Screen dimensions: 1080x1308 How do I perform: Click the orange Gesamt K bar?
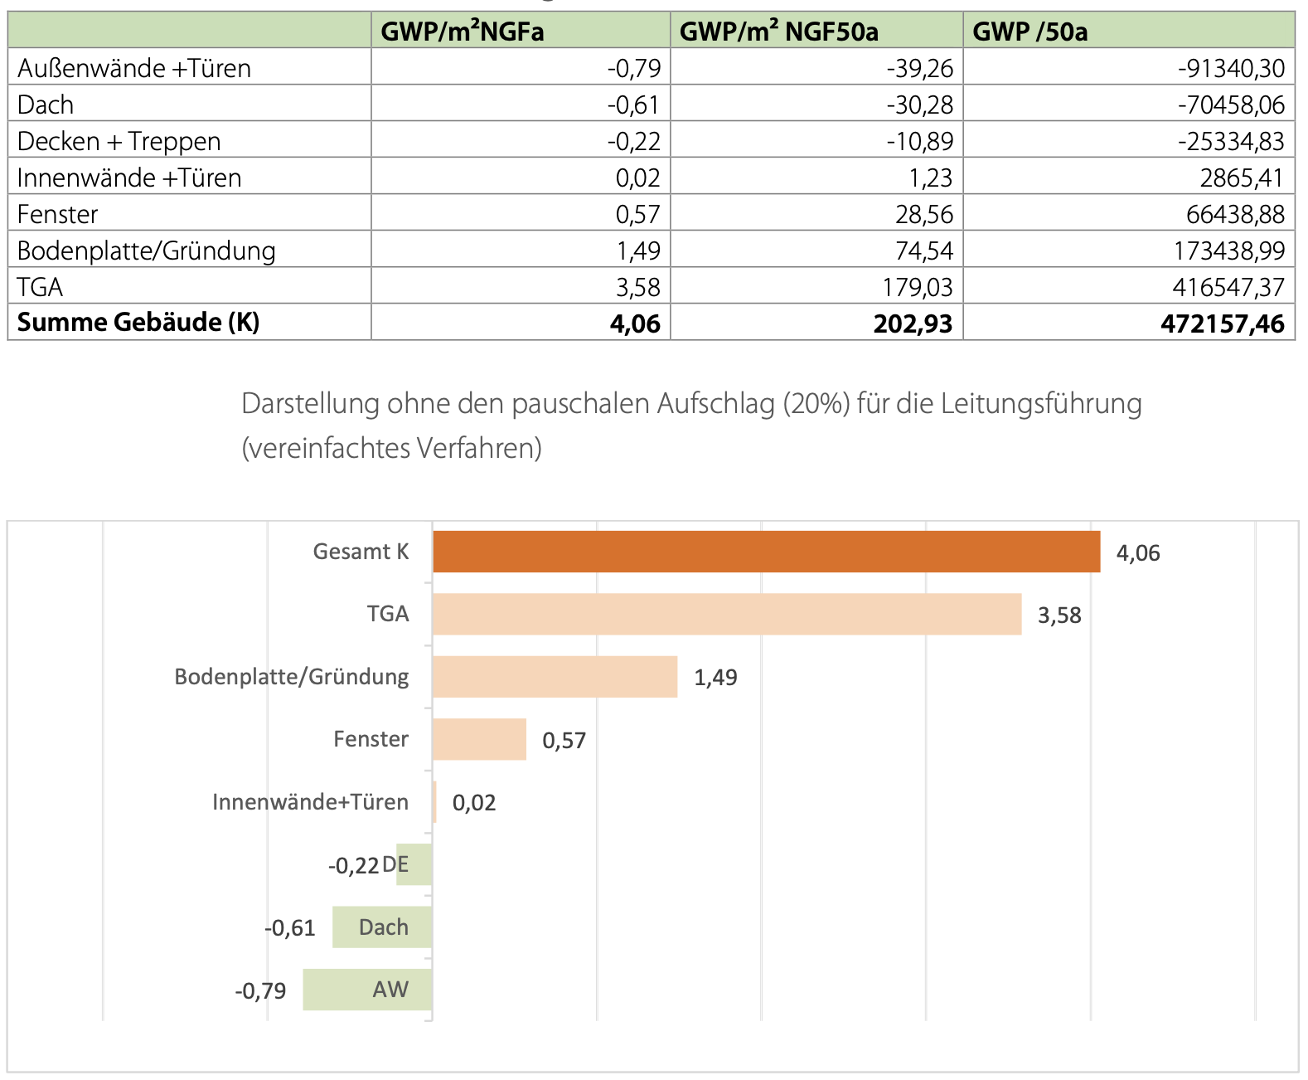766,552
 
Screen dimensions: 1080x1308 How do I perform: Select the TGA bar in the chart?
727,614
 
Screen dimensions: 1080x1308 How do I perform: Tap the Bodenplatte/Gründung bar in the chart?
555,677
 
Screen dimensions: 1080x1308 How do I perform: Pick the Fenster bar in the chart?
479,739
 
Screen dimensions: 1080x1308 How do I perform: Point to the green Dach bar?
382,927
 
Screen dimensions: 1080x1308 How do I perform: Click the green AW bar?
367,990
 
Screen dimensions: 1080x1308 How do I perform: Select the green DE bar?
414,864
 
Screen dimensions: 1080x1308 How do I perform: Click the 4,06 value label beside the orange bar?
1138,553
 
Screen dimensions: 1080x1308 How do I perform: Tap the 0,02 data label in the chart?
474,803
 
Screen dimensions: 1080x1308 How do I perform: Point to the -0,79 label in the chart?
260,991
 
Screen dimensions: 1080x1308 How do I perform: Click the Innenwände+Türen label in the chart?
310,802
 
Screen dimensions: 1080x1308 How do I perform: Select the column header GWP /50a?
1030,32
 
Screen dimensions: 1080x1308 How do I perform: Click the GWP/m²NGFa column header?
463,32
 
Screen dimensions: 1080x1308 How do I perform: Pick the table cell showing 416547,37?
1228,287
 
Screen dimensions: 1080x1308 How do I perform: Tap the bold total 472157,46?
1223,324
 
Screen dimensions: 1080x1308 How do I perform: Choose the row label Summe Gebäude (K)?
138,322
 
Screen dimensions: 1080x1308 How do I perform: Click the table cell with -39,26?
920,68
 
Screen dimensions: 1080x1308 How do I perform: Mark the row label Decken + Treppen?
119,141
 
